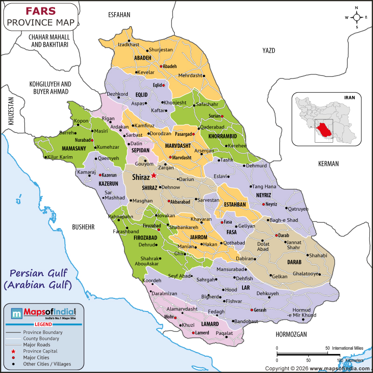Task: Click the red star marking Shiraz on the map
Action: (x=154, y=175)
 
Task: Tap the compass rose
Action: (x=357, y=18)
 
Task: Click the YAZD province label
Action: (x=269, y=50)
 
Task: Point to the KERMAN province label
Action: (x=328, y=164)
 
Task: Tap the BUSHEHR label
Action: (x=83, y=227)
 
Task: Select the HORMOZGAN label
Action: (x=291, y=334)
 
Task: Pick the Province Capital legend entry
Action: (x=41, y=351)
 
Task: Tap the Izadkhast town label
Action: (x=129, y=44)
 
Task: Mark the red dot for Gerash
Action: (x=252, y=310)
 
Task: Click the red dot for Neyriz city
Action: (x=263, y=204)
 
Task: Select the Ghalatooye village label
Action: (x=306, y=274)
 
